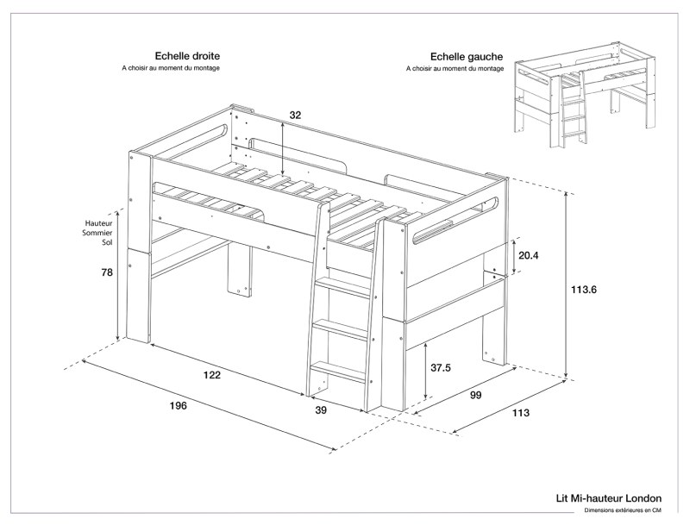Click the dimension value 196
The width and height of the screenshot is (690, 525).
(x=179, y=405)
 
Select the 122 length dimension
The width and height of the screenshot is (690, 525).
(x=212, y=375)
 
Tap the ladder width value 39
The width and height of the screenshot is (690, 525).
(x=321, y=411)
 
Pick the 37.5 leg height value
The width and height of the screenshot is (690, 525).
(x=440, y=367)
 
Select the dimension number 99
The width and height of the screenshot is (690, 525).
(x=475, y=395)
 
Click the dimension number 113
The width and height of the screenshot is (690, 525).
(x=520, y=413)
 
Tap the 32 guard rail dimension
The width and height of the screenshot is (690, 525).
(x=295, y=115)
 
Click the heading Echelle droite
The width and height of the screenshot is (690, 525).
(x=187, y=55)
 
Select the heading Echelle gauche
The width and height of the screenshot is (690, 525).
(x=455, y=55)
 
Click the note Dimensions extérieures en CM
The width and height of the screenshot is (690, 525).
(x=623, y=511)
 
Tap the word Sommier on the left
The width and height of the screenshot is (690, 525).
(x=100, y=233)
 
